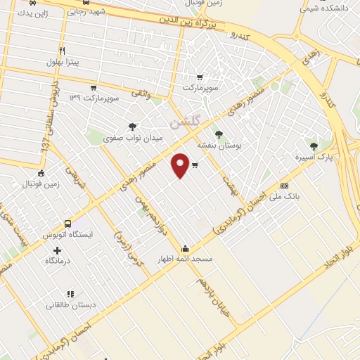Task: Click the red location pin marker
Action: coord(181,165)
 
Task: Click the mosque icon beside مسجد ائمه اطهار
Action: coord(185,248)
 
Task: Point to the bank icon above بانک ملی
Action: coord(284,186)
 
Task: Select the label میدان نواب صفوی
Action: coord(133,139)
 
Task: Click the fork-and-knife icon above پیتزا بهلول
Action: coord(62,51)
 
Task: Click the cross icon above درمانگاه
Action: coord(58,250)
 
